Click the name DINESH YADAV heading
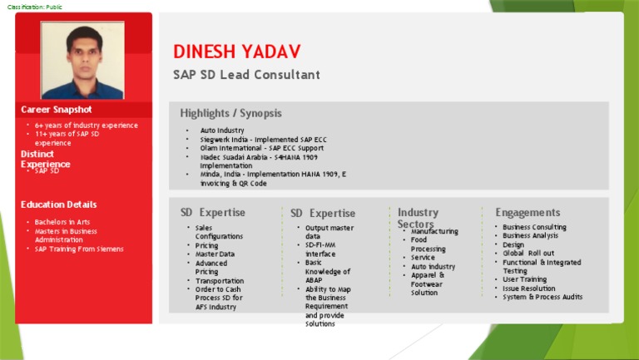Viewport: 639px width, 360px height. (x=236, y=52)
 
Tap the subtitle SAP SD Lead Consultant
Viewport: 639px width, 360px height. (x=246, y=75)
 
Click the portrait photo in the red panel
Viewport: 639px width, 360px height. (x=82, y=60)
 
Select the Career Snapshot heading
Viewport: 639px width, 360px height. (x=57, y=109)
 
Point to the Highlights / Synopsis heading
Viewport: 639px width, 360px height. (x=230, y=113)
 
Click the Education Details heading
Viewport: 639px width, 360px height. (x=58, y=205)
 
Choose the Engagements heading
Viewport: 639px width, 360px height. (x=528, y=213)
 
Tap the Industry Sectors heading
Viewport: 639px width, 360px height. (x=418, y=218)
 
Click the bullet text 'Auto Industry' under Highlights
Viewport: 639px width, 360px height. (x=222, y=131)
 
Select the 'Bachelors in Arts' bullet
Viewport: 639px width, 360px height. (x=62, y=222)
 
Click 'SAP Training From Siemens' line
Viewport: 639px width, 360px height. (x=79, y=249)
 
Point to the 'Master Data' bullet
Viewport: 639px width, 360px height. (x=215, y=254)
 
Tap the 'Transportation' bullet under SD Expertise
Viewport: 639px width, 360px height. (x=220, y=281)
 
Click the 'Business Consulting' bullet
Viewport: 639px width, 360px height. (x=534, y=227)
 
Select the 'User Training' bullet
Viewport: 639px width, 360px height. (x=524, y=279)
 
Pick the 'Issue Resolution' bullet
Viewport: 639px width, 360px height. (x=529, y=288)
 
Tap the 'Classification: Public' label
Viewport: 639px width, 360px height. (x=34, y=7)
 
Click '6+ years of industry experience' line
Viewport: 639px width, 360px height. (x=87, y=126)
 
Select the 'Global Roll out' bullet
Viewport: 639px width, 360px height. (x=528, y=253)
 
